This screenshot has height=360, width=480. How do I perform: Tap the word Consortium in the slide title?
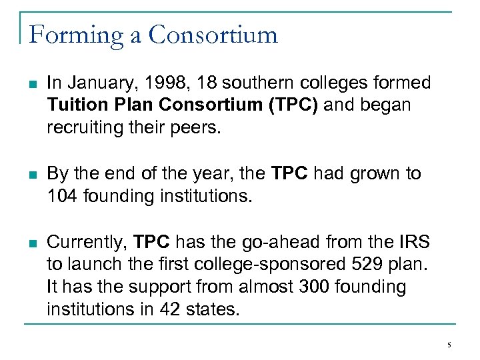point(213,34)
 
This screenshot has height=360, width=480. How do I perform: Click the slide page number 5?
point(449,345)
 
